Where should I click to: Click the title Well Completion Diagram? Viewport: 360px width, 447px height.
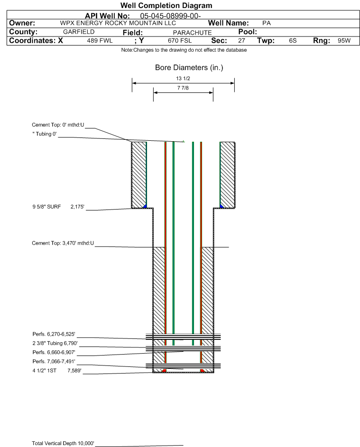click(x=166, y=6)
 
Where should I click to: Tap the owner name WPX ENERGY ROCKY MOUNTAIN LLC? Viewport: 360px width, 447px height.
click(x=118, y=23)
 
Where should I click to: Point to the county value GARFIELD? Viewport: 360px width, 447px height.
click(x=79, y=32)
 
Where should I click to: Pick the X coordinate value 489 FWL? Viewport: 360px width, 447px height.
click(x=100, y=41)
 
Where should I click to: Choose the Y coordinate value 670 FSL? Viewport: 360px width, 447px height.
click(x=179, y=41)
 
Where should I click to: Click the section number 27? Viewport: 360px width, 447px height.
click(x=241, y=41)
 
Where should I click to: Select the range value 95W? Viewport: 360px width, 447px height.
click(x=344, y=41)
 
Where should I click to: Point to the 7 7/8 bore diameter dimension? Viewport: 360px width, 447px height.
click(x=183, y=89)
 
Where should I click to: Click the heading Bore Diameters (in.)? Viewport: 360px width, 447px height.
click(x=189, y=68)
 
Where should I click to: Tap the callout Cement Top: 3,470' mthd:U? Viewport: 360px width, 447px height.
click(x=63, y=243)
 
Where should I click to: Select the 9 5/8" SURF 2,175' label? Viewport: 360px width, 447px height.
click(x=57, y=207)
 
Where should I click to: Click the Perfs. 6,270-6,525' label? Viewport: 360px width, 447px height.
click(x=53, y=334)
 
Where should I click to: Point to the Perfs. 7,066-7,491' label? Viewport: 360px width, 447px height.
click(x=53, y=362)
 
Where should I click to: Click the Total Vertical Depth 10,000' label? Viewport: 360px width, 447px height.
click(x=63, y=443)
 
